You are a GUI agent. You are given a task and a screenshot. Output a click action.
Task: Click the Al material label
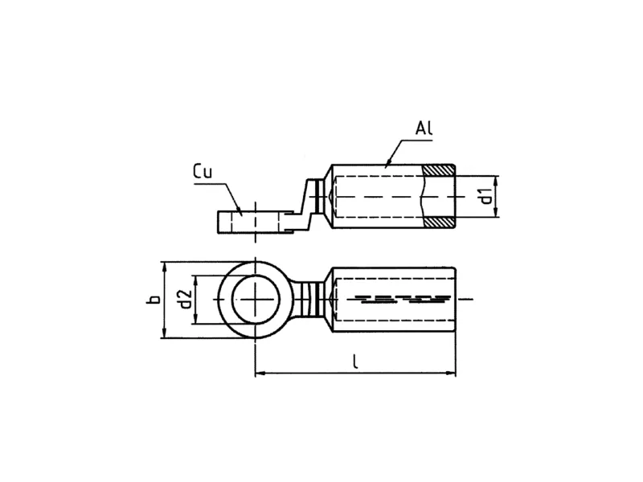(x=424, y=129)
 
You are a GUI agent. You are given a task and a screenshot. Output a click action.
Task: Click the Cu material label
(x=203, y=171)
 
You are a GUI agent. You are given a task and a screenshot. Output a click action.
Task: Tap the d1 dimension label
(x=486, y=196)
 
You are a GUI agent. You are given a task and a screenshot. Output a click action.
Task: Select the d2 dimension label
(x=186, y=299)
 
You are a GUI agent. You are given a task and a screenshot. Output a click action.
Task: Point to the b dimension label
(x=154, y=299)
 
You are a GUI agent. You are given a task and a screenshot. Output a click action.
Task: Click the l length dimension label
(x=355, y=361)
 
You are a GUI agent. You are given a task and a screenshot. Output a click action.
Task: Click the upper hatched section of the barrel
(x=439, y=170)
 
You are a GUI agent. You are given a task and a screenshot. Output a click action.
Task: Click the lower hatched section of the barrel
(x=439, y=223)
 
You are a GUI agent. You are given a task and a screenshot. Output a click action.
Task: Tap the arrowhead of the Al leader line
(x=387, y=164)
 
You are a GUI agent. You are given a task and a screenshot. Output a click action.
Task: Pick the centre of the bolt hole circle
(x=256, y=300)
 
